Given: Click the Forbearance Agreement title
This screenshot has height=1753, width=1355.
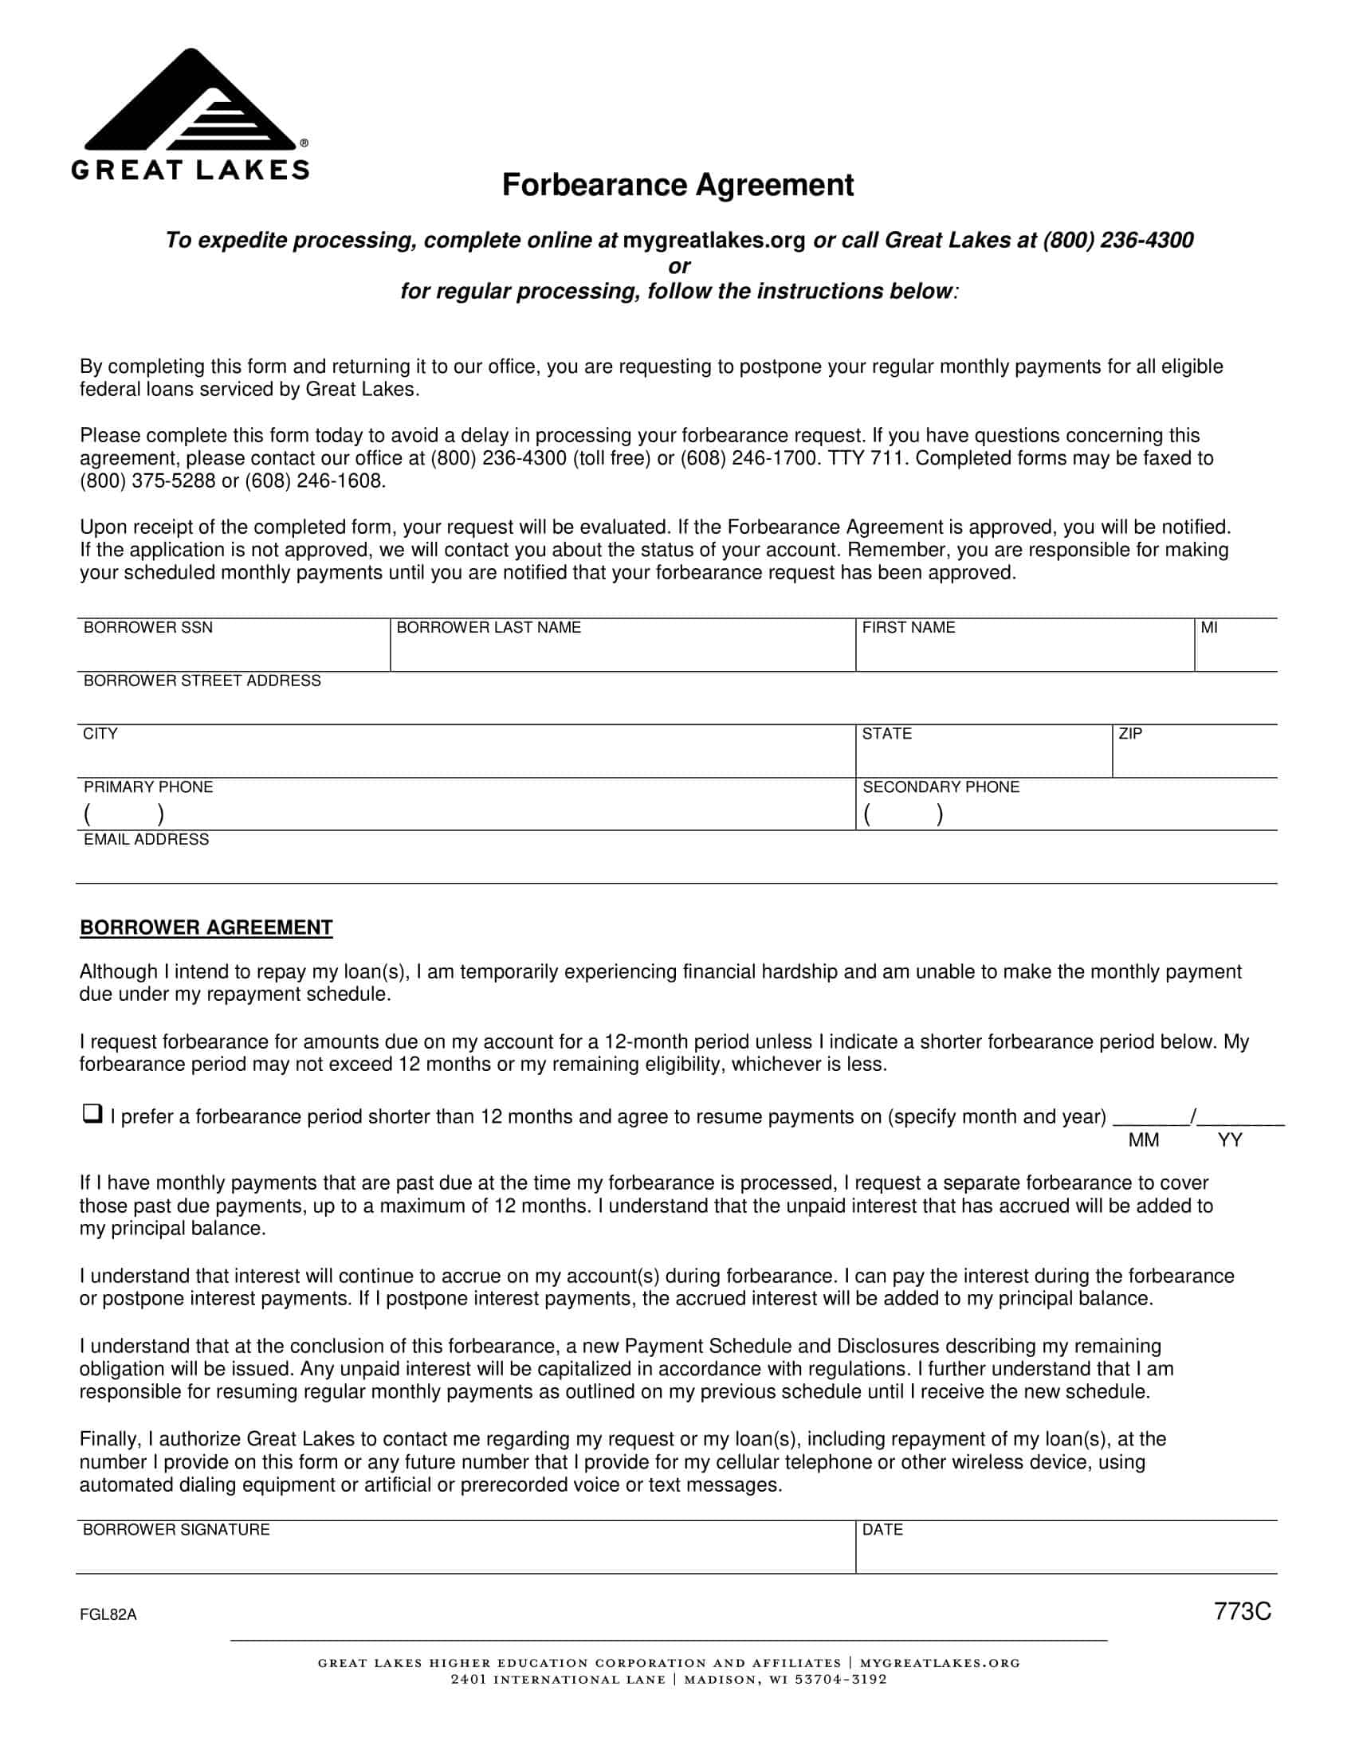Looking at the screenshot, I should pos(677,185).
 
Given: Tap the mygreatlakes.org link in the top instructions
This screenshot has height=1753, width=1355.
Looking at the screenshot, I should pos(713,240).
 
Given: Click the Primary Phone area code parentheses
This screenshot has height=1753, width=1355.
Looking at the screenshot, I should pos(124,814).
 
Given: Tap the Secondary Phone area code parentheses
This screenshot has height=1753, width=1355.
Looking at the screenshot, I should pos(903,814).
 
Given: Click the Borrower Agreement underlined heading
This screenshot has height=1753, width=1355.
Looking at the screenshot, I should pos(206,927).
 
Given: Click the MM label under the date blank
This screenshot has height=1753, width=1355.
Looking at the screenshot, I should pos(1143,1140).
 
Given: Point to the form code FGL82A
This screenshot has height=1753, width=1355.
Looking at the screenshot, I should pos(108,1615).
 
